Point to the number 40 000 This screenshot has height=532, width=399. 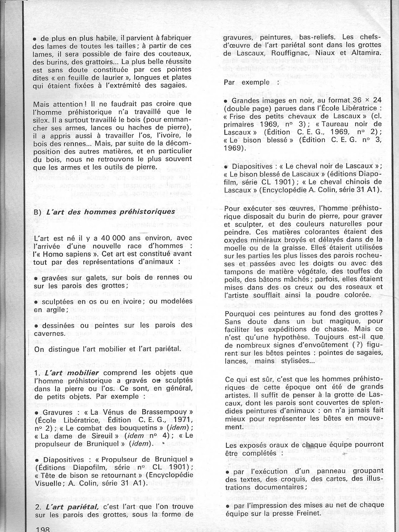[x=97, y=238]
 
